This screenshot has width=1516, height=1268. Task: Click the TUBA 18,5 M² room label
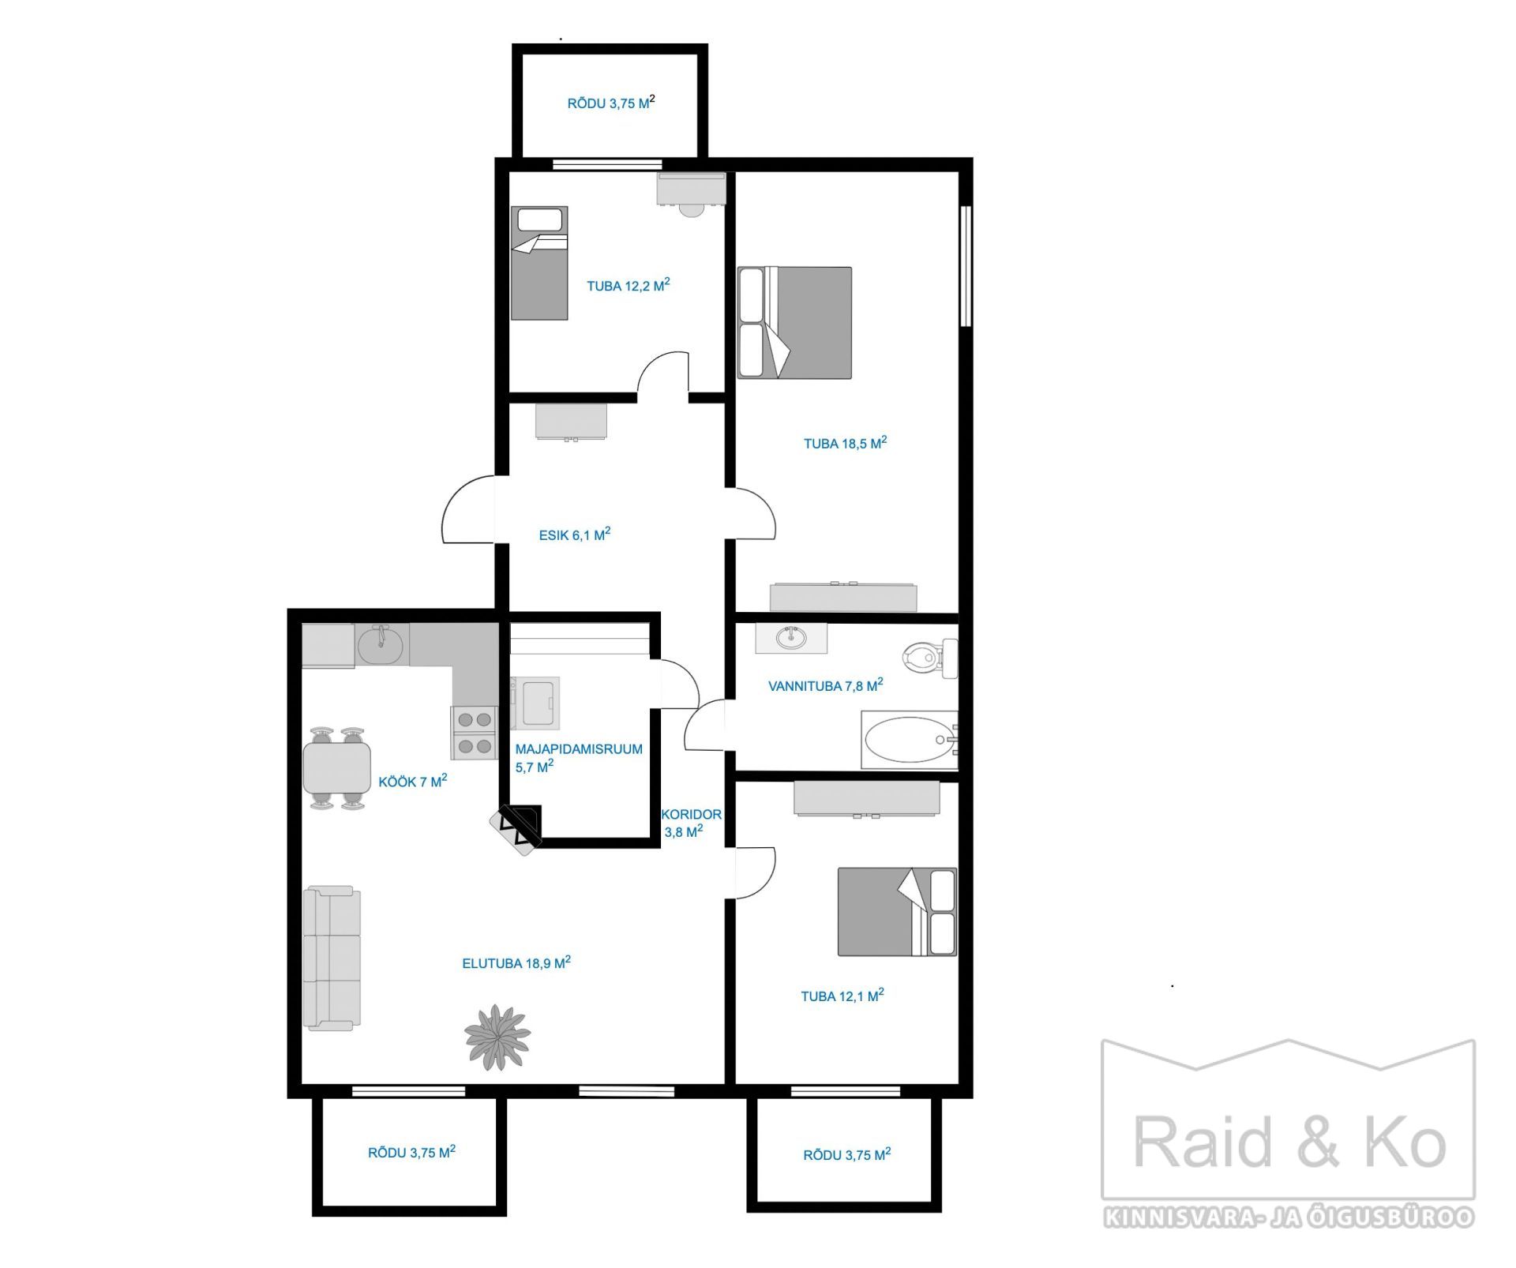[x=845, y=442]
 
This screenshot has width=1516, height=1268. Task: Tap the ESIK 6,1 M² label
[x=574, y=534]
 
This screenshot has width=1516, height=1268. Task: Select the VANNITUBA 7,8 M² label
[x=825, y=685]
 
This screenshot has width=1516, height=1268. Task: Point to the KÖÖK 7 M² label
[x=412, y=780]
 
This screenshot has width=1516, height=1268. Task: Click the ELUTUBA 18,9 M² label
[x=516, y=962]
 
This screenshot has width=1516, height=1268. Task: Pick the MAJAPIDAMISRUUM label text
[x=579, y=748]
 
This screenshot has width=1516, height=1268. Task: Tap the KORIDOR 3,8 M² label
[x=691, y=822]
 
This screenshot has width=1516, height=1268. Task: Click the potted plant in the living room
[x=497, y=1037]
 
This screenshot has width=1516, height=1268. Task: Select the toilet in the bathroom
[x=929, y=657]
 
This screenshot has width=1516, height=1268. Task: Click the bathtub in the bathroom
[x=909, y=740]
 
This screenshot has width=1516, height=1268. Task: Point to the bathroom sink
[x=791, y=637]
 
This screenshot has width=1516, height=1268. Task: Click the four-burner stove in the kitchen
[x=474, y=732]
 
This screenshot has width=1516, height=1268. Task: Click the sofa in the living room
[x=332, y=957]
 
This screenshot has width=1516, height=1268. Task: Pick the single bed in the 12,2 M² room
[x=539, y=263]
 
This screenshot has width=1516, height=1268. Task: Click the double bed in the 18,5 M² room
[x=794, y=322]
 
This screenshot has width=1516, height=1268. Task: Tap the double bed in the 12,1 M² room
[x=897, y=911]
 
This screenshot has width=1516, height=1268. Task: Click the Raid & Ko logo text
[x=1289, y=1142]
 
